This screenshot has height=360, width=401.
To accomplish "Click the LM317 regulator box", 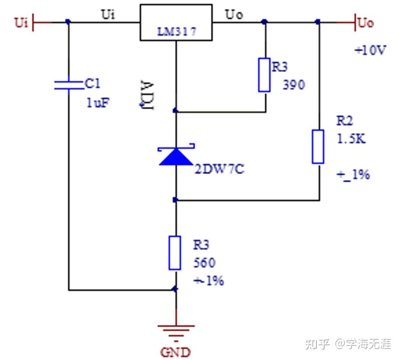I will pos(176,22).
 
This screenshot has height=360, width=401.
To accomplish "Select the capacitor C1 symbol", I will pos(68,85).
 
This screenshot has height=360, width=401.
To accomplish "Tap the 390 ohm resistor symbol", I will pos(264,75).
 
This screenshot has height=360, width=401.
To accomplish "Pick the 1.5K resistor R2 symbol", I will pos(318,146).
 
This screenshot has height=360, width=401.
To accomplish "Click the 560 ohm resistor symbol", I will pos(175,253).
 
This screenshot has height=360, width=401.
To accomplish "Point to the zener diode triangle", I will pos(175,156).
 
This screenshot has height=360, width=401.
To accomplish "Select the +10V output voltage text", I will pos(370,50).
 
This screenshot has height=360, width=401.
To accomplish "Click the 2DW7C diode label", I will pos(219,169).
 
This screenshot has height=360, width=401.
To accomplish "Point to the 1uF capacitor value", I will pos(98,103).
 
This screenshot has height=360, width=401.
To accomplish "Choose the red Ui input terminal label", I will pos(21,22).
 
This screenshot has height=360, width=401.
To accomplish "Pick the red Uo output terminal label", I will pos(366,22).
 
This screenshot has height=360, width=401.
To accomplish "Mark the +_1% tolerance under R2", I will pos(353,175).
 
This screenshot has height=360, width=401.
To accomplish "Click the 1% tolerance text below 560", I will pos(209,280).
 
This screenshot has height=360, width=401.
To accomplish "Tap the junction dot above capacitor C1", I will pos(67,21).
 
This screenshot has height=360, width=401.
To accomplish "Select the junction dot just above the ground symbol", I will pos(175,289).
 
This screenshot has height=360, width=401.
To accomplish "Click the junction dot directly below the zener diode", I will pos(175,200).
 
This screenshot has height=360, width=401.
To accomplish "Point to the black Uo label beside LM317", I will pos(234,14).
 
